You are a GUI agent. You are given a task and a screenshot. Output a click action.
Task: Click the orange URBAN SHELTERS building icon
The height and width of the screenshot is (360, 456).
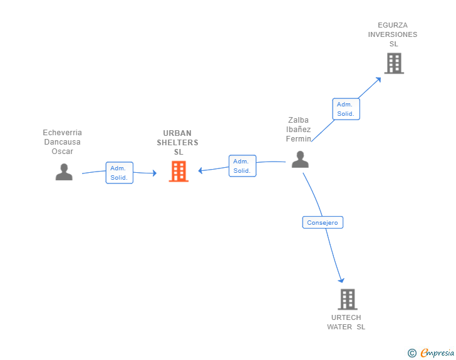pos(179,172)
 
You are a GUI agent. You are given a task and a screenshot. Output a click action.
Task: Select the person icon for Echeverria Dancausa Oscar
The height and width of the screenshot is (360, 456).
pos(64,172)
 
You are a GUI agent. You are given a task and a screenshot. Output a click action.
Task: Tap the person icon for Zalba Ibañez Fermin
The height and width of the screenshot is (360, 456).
pos(300,160)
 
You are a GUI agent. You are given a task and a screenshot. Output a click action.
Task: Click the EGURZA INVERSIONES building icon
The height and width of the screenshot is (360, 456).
pos(394,63)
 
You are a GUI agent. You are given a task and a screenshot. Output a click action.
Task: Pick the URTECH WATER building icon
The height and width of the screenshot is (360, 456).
pos(348,299)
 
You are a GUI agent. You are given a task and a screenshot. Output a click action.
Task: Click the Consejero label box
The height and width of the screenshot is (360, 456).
pos(323,222)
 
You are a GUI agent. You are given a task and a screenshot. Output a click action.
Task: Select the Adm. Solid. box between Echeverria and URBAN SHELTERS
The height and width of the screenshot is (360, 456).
pos(119,173)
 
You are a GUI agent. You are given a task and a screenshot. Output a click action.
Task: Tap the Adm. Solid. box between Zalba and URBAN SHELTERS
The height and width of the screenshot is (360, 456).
pos(242,166)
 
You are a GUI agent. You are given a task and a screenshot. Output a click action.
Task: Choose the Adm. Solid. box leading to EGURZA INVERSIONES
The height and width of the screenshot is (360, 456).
pos(346,109)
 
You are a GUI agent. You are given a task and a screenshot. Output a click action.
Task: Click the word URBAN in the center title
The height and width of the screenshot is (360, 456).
pos(177,133)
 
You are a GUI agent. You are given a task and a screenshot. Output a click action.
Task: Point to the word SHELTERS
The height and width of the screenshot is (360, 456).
pos(178,143)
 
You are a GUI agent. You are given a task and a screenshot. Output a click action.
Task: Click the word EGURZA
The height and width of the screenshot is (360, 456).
pos(393,25)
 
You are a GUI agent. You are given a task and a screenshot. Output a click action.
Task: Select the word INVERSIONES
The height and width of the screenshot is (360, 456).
pos(393,34)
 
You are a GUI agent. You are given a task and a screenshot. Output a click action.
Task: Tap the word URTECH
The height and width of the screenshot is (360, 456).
pos(346,317)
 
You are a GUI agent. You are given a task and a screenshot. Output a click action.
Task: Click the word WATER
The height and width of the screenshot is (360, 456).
pos(339,327)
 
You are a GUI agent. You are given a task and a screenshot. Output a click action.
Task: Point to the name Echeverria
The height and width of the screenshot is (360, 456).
pos(62,133)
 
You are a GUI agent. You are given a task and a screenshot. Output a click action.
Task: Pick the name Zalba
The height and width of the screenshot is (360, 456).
pos(298,120)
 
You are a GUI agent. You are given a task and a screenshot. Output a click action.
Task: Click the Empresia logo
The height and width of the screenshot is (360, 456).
pos(431,352)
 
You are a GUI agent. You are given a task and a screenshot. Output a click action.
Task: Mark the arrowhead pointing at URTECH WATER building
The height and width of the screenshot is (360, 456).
pos(341,280)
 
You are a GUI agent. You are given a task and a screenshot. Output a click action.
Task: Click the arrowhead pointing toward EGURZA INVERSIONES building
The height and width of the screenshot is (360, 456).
pos(378,80)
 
